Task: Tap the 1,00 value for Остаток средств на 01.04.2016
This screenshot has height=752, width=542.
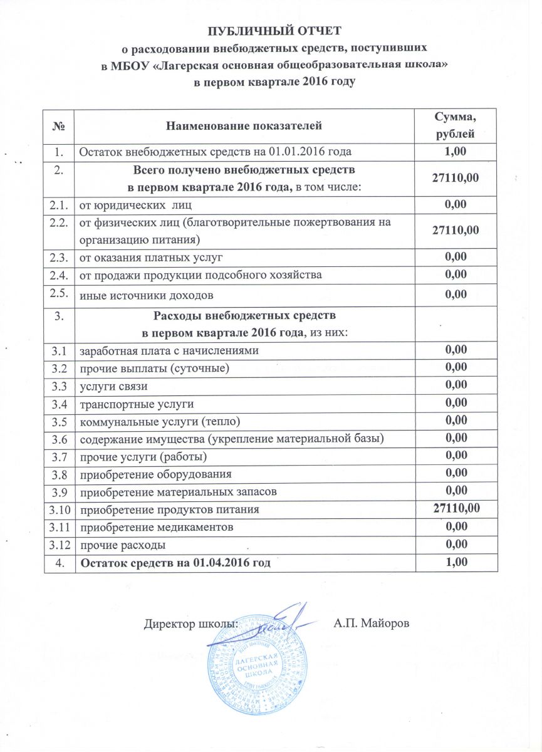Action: (456, 563)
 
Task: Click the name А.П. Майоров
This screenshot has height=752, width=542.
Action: (370, 624)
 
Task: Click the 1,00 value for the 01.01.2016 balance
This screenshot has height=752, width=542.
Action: (456, 151)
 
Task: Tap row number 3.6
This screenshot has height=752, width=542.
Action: (60, 437)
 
